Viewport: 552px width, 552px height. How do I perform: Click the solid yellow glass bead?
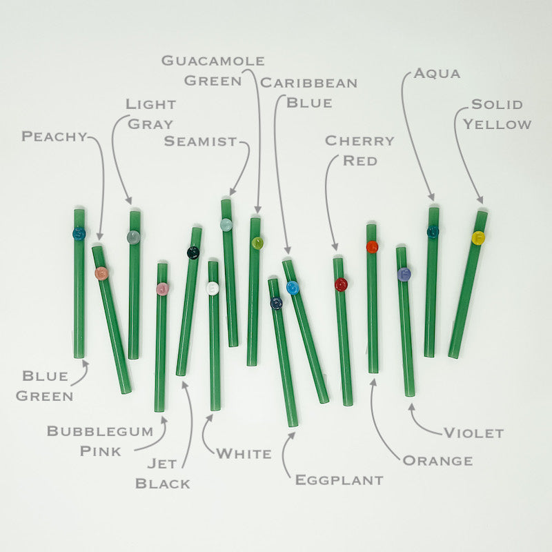pos(478,237)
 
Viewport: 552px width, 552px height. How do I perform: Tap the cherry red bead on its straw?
pos(341,284)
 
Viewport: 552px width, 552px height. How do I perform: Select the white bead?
pos(213,288)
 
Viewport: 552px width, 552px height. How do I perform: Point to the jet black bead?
pos(193,253)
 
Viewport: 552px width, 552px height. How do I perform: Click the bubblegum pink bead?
pos(162,288)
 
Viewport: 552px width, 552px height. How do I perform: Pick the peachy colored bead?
pos(101,273)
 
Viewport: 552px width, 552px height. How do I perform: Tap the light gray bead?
pos(133,237)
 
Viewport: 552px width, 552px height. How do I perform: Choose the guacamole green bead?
pos(257,242)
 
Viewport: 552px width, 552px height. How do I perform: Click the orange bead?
pos(372,246)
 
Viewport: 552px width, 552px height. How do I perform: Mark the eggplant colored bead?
pos(277,302)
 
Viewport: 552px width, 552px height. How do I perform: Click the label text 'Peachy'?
pos(55,137)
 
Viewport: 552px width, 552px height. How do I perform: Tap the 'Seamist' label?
pos(200,142)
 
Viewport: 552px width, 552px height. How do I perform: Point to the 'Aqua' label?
pos(436,74)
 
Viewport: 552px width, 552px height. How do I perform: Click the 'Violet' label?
pos(473,433)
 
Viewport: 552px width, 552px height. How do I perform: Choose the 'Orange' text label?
pos(437,461)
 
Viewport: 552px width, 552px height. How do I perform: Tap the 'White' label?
pos(244,454)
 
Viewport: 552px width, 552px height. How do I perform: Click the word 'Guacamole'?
pos(213,61)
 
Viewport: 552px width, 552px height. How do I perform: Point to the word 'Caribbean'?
pos(308,83)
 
